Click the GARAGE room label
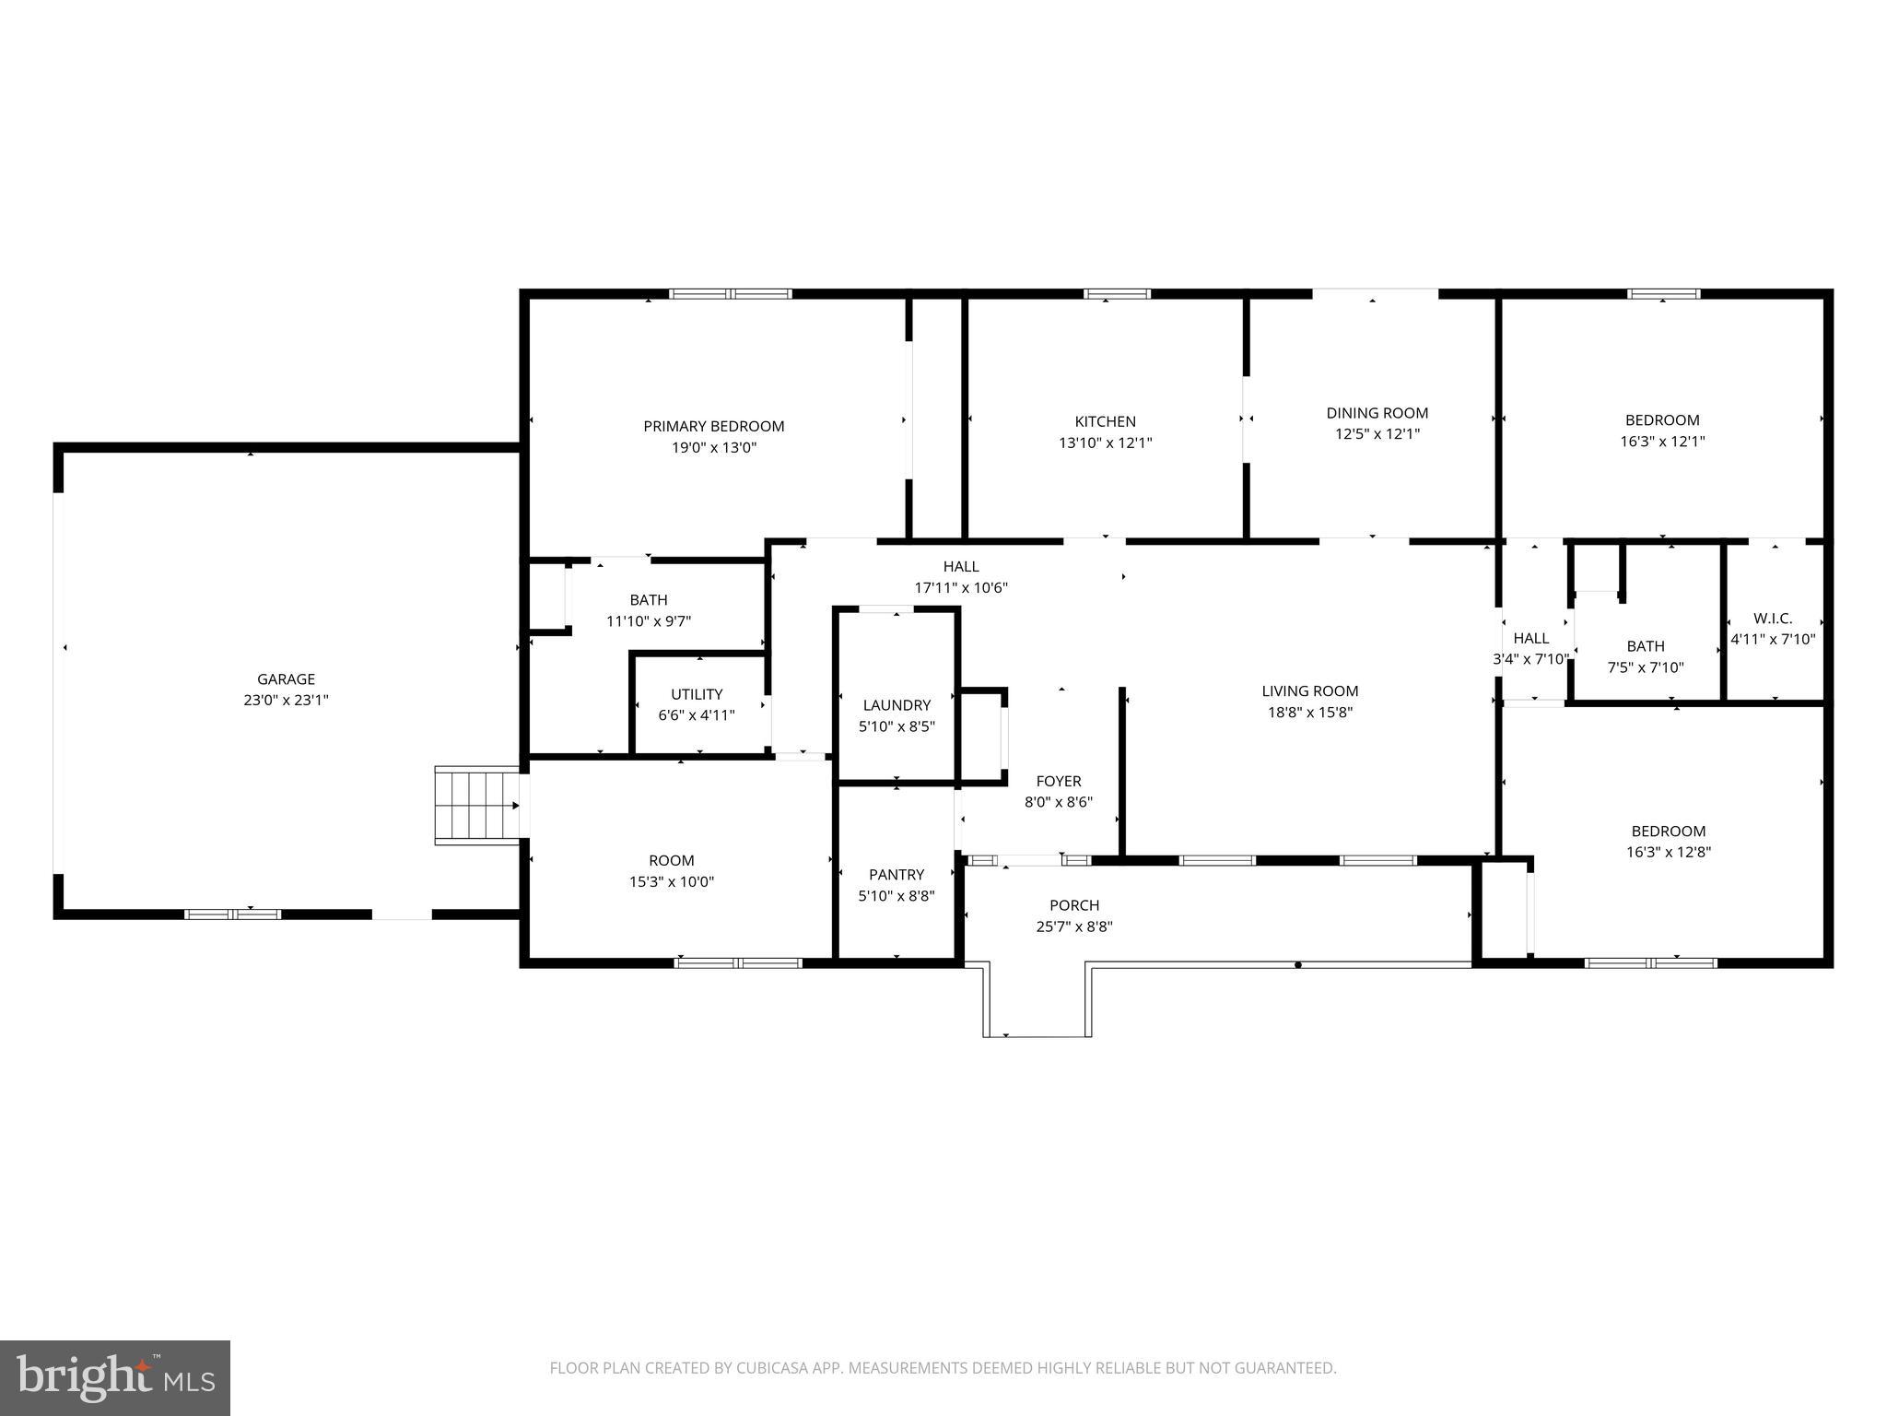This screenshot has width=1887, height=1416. pos(286,679)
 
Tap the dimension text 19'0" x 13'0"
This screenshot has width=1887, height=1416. pos(714,448)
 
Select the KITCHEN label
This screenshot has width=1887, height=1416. pos(1105,421)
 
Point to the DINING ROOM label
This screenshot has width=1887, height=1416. pos(1377,413)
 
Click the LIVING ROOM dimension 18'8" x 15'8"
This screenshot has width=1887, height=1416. pos(1310,713)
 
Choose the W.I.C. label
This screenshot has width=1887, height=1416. pos(1773,619)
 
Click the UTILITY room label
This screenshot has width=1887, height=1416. pos(697,694)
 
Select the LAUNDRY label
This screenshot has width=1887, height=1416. pos(897,705)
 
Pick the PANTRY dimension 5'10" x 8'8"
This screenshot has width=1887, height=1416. pos(897,896)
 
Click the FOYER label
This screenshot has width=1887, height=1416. pos(1058,781)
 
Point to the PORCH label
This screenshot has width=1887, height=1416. pos(1074,905)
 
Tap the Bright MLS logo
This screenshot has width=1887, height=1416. pos(115,1377)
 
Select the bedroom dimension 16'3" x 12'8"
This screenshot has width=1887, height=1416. pos(1669,853)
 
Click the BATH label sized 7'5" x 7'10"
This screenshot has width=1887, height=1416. pos(1646,646)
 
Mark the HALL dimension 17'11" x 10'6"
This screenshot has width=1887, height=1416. pos(961,588)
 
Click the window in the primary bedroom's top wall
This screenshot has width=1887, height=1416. pos(731,294)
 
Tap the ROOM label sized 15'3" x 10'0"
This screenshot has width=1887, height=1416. pos(671,860)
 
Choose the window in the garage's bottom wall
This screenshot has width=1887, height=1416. pos(232,914)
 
